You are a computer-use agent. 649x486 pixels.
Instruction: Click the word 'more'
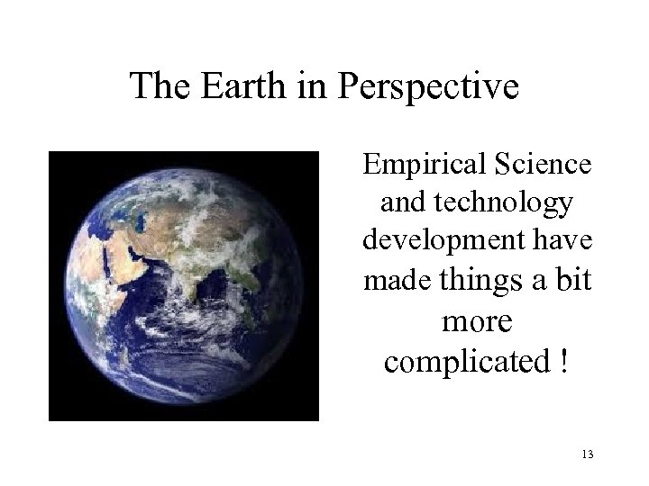[x=476, y=320]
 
